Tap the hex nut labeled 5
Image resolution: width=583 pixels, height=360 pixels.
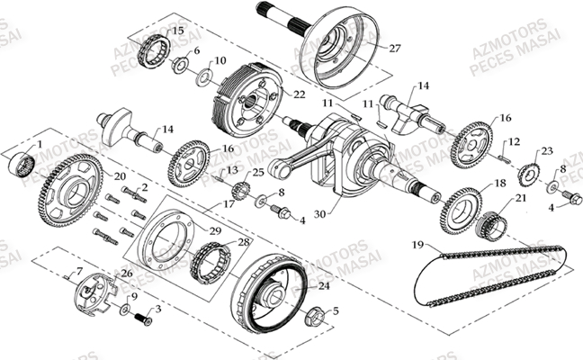click(139, 319)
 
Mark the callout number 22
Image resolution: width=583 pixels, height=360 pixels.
click(299, 94)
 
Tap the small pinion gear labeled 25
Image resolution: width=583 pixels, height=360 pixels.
click(239, 192)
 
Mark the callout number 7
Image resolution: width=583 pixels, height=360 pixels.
click(78, 271)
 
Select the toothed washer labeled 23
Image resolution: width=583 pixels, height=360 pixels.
click(531, 172)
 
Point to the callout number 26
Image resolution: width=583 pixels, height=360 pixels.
click(126, 274)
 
